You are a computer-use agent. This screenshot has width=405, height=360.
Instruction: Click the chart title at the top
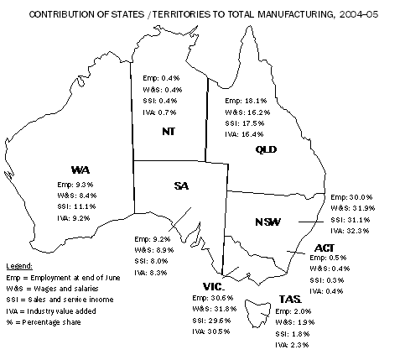(202, 14)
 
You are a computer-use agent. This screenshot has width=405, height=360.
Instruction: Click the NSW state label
(267, 222)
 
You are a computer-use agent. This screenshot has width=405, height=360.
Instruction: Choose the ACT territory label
(325, 248)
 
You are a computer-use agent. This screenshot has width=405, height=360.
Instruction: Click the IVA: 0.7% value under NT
(162, 112)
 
